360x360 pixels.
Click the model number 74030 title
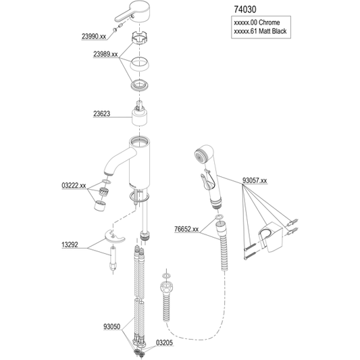tap(245, 9)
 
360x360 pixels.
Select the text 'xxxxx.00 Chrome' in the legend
tap(257, 22)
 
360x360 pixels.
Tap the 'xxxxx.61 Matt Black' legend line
tap(260, 31)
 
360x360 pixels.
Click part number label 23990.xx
tap(94, 36)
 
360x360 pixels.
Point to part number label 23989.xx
tap(105, 54)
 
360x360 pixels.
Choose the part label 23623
tap(102, 113)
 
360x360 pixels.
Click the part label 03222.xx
tap(74, 185)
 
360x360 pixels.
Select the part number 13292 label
tap(70, 245)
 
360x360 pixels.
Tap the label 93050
tap(112, 326)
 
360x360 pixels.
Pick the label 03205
tap(165, 343)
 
